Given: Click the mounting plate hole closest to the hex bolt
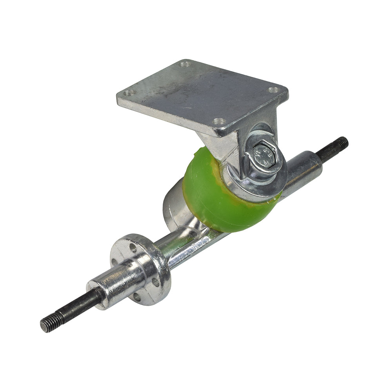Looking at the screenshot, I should tap(220, 122).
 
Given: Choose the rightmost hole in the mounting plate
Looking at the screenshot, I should tap(273, 90).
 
